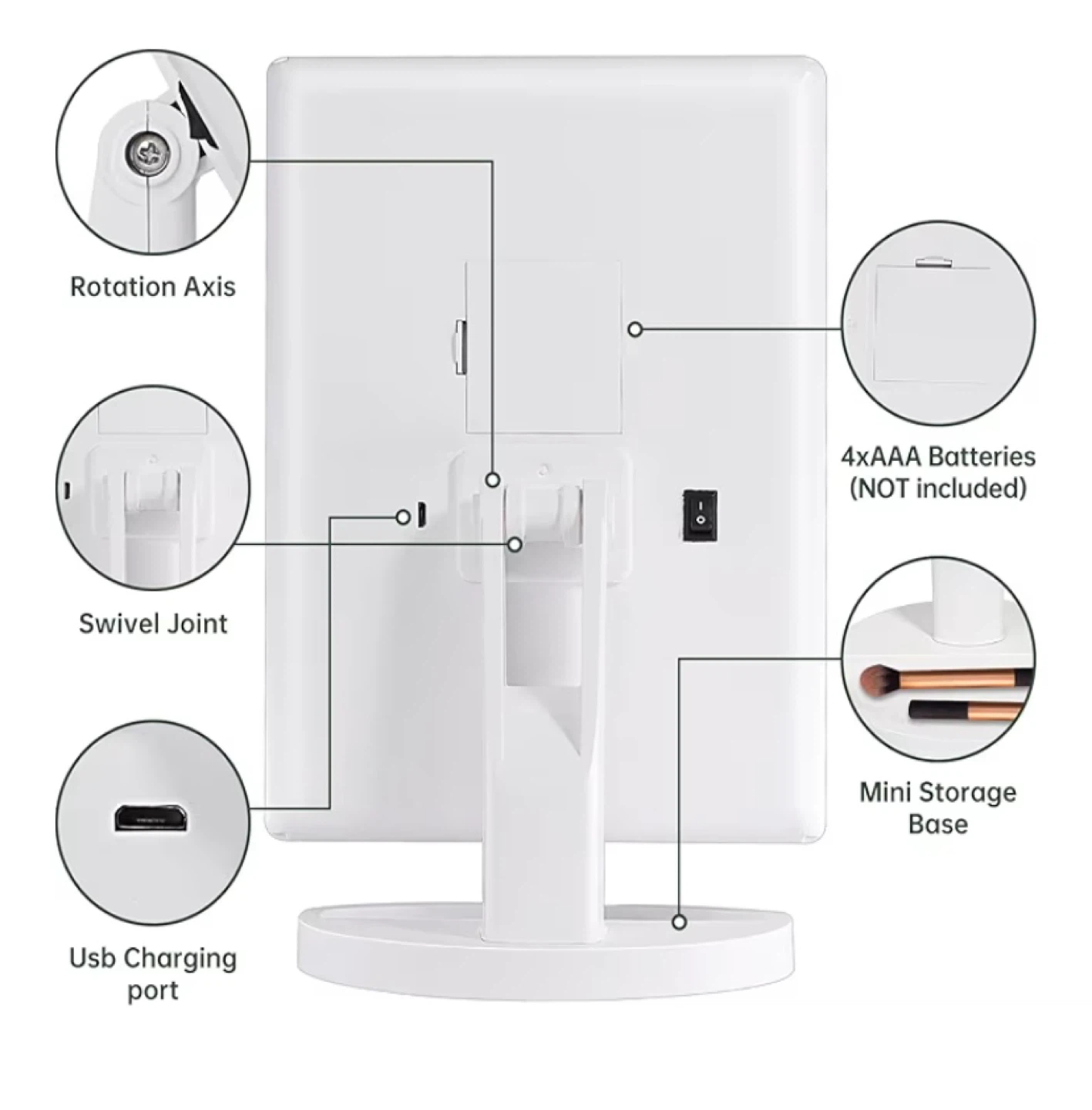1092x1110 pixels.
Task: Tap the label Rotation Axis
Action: [153, 287]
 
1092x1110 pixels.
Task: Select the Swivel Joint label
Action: [153, 623]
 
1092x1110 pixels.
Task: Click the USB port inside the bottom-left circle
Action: [150, 817]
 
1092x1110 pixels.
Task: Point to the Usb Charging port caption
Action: [153, 974]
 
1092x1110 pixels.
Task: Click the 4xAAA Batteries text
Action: [938, 456]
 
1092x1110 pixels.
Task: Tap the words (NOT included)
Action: [938, 488]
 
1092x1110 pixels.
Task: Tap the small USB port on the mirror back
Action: [422, 516]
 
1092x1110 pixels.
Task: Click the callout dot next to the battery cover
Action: [635, 329]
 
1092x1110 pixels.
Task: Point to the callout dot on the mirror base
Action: [679, 921]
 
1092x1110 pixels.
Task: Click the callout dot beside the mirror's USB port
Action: [402, 516]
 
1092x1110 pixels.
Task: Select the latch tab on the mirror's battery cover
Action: [460, 348]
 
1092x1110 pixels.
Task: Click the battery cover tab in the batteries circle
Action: [933, 264]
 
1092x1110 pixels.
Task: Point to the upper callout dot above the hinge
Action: [493, 479]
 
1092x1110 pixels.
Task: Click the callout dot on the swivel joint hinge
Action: [515, 544]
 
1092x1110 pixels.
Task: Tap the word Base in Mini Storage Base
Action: [938, 823]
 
